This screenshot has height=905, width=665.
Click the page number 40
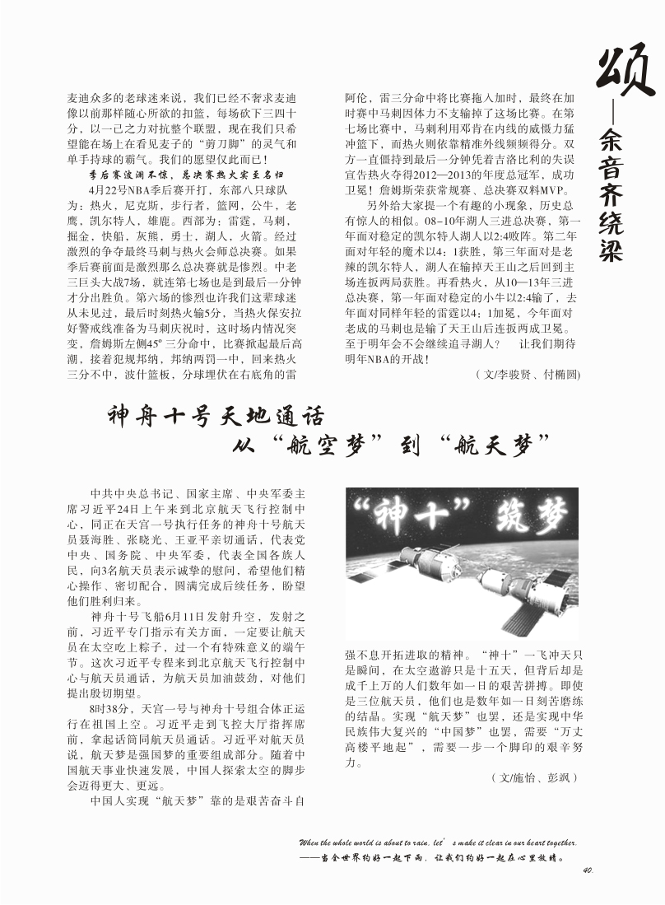587,870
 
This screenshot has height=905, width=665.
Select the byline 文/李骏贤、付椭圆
528,375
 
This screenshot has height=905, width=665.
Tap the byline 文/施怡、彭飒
534,777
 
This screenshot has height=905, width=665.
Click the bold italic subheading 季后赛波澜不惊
133,174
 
